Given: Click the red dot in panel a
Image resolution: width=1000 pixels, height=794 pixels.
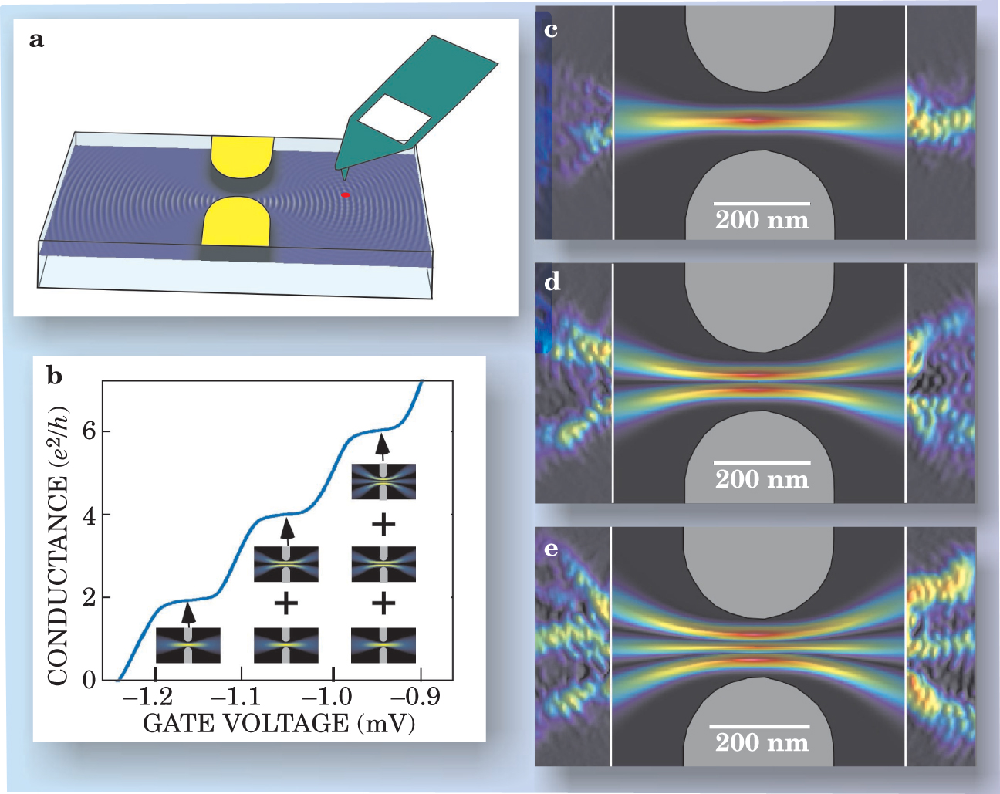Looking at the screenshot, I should pyautogui.click(x=346, y=195).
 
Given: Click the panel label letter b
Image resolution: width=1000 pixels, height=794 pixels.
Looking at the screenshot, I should pyautogui.click(x=55, y=377).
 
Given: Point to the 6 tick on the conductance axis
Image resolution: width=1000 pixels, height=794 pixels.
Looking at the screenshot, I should pyautogui.click(x=90, y=431).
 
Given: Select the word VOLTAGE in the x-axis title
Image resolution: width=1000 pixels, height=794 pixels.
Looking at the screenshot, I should pyautogui.click(x=285, y=724).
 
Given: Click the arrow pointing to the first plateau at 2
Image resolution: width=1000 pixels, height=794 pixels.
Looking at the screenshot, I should pyautogui.click(x=187, y=613).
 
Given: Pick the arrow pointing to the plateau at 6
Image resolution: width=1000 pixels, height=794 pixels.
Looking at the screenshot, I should pyautogui.click(x=383, y=446).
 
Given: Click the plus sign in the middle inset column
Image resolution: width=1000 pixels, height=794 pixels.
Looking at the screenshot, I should pyautogui.click(x=285, y=603).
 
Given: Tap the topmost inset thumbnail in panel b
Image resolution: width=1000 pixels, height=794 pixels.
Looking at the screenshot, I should pyautogui.click(x=383, y=481).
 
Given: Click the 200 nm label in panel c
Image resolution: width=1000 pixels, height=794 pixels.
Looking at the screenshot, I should pyautogui.click(x=762, y=221).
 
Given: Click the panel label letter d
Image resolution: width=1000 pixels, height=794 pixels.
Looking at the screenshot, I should pyautogui.click(x=552, y=282).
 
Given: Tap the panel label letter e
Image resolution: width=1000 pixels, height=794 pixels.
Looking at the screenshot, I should pyautogui.click(x=552, y=549).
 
